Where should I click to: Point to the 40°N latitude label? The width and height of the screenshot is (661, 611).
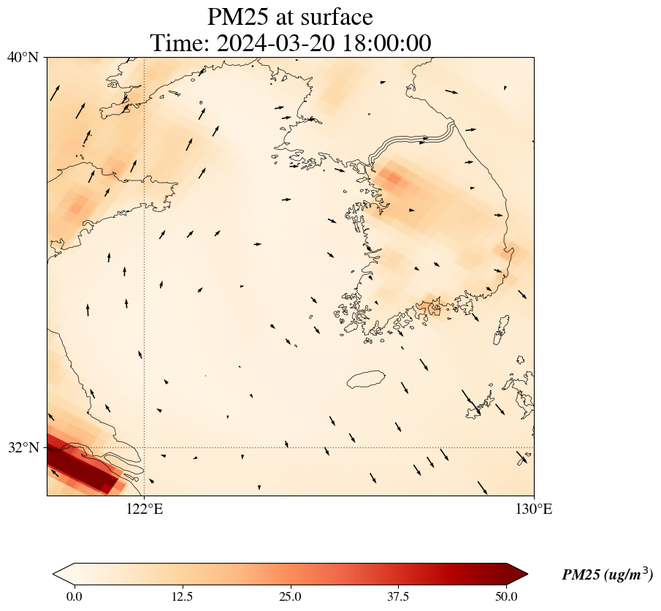pos(23,57)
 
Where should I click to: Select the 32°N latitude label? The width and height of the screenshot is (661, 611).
pos(23,447)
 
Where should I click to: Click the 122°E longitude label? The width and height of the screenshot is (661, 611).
pos(144,509)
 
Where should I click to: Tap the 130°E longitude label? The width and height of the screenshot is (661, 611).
pos(534,509)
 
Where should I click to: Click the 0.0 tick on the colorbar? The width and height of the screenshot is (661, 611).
pos(74,596)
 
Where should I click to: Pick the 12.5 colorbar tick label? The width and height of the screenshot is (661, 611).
pos(182,596)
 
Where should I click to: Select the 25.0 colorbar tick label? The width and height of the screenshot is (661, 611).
pos(290,596)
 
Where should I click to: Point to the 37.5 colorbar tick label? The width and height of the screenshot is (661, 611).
pos(398,596)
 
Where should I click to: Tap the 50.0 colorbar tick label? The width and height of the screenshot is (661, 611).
pos(506,596)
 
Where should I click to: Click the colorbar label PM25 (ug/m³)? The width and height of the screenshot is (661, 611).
pos(607,575)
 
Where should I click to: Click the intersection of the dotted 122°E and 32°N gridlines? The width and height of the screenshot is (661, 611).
pos(144,447)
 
